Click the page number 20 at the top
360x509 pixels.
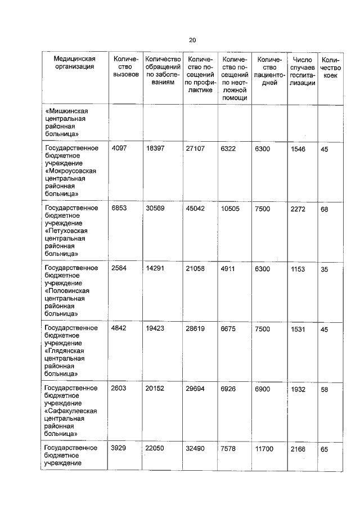192,40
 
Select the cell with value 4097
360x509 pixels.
120,148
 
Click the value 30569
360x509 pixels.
155,208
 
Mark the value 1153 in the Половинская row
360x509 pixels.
298,269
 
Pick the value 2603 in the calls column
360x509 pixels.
120,389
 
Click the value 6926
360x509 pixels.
231,389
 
